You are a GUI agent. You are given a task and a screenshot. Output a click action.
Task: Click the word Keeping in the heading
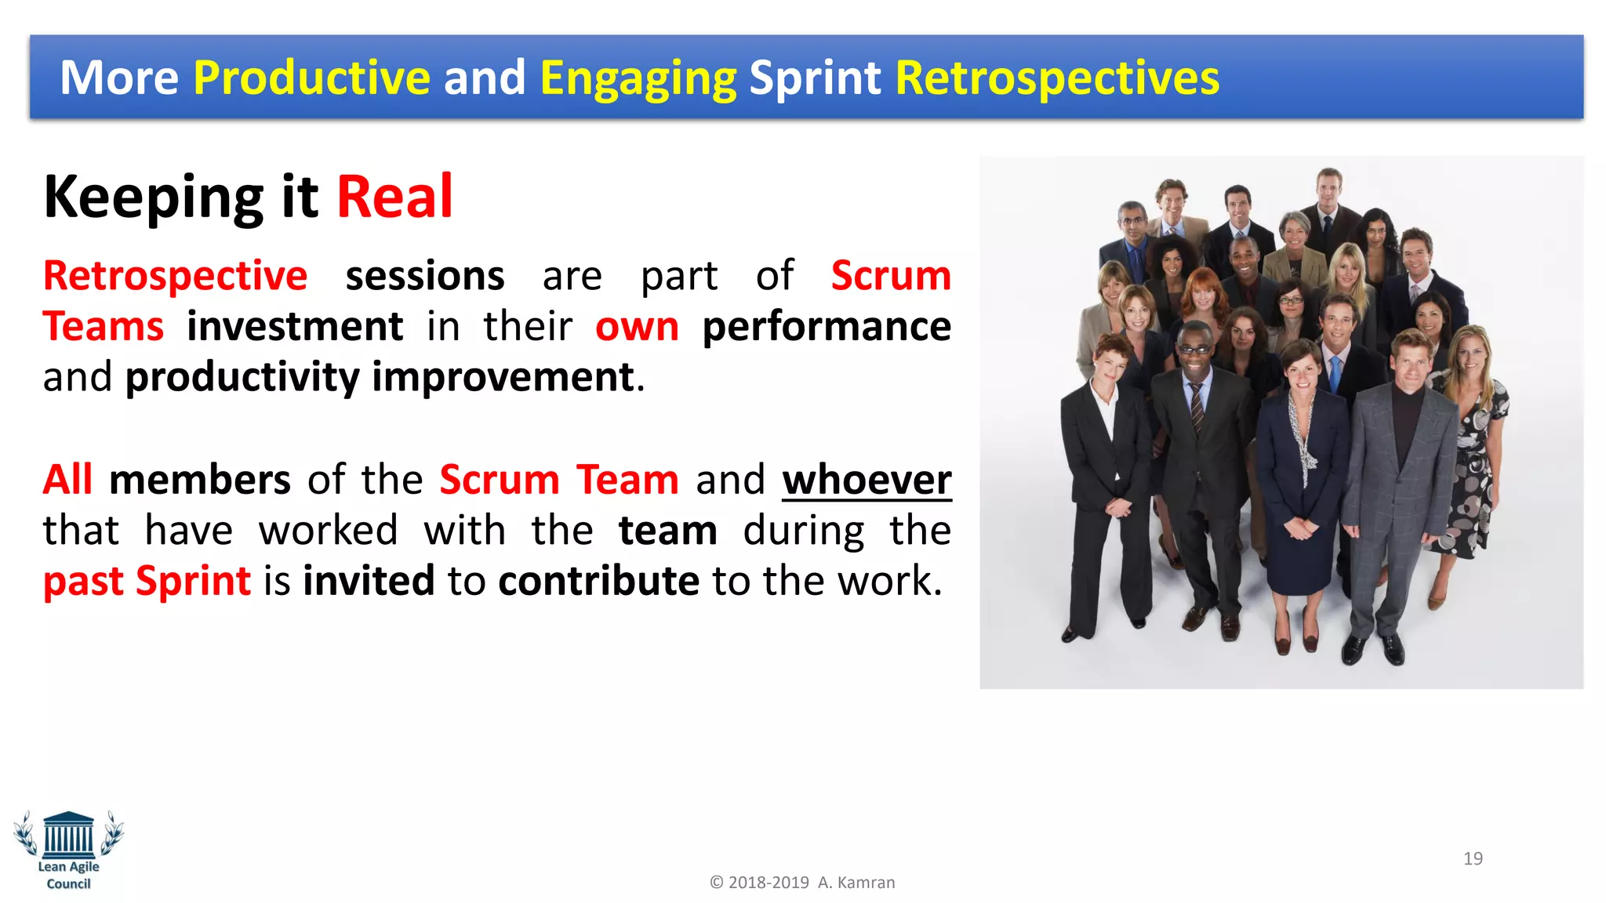click(x=154, y=198)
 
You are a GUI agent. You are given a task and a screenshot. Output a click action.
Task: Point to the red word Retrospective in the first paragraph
click(x=175, y=276)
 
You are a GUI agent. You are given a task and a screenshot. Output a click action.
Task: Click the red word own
click(x=637, y=327)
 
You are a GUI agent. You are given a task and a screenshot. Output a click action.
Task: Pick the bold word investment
click(x=295, y=326)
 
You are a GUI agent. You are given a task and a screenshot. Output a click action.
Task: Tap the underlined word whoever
click(x=867, y=480)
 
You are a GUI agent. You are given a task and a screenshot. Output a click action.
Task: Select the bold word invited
click(x=369, y=581)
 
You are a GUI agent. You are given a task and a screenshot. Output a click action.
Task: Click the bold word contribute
click(x=598, y=581)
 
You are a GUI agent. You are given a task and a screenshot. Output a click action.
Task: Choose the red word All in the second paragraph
click(x=67, y=480)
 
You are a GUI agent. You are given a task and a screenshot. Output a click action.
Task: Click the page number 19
click(x=1473, y=858)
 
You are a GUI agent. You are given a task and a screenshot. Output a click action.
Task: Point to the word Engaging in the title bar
click(x=638, y=79)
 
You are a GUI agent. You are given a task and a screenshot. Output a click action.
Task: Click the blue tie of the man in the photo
click(x=1335, y=373)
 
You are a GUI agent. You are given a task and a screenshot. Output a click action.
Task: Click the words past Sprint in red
click(x=147, y=581)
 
